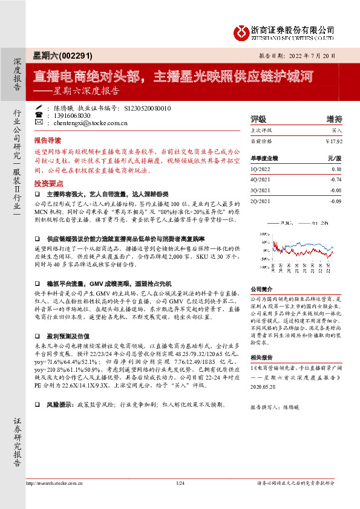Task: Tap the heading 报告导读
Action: (x=48, y=138)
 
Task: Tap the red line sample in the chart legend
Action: (x=272, y=223)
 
